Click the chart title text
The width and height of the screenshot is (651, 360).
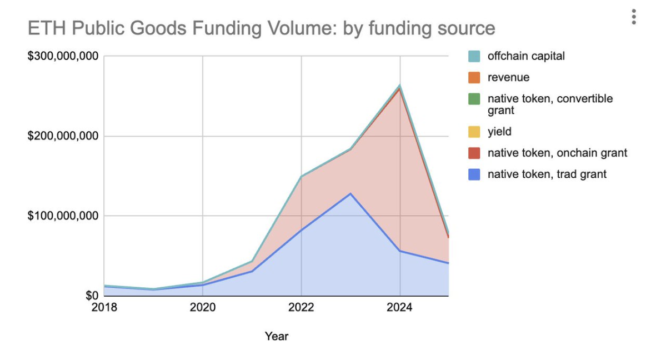[261, 28]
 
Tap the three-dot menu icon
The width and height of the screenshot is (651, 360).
[633, 17]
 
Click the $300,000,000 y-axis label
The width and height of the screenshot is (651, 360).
[63, 57]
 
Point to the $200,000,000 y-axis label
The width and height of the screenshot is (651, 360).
[63, 136]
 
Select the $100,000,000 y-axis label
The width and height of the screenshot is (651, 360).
[63, 216]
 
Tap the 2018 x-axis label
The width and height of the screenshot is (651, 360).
[104, 307]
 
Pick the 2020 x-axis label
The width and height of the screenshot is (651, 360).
[203, 307]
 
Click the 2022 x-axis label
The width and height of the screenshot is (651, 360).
[302, 307]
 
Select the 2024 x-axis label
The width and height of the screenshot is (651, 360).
[400, 307]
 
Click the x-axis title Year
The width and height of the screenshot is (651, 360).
[277, 336]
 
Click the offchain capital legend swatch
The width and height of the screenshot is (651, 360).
[474, 56]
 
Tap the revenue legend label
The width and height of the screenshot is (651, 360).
[508, 77]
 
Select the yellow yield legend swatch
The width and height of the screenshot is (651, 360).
[474, 132]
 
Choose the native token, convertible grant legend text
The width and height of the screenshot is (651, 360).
[550, 104]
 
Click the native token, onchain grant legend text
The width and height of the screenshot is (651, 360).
[557, 153]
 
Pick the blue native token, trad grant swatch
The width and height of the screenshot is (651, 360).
[474, 174]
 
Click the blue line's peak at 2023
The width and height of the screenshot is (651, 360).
[350, 193]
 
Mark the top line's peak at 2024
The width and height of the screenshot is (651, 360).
[400, 86]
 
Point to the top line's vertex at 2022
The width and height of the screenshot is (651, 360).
[302, 176]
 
